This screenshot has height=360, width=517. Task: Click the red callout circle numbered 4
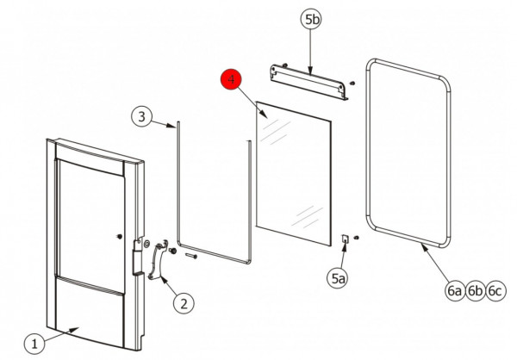[231, 79]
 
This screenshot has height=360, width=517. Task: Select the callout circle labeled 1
[34, 344]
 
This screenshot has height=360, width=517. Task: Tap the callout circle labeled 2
[184, 303]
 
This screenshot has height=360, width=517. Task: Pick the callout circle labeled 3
[142, 116]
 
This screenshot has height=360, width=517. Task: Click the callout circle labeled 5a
[338, 279]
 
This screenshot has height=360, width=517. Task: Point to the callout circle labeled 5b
[311, 20]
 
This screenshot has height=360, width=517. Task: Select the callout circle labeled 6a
[455, 291]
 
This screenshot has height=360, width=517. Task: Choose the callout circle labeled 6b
[475, 291]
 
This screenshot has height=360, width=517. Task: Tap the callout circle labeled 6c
[495, 291]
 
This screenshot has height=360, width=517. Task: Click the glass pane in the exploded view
[293, 173]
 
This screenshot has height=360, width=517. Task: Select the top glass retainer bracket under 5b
[309, 82]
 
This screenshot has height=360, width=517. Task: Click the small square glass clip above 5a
[345, 239]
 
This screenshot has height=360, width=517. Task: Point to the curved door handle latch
[159, 260]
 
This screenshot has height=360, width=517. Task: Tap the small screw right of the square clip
[356, 238]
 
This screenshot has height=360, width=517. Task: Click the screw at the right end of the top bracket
[352, 83]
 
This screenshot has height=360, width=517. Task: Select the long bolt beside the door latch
[191, 256]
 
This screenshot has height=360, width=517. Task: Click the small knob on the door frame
[120, 236]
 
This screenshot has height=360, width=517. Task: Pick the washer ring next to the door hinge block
[146, 244]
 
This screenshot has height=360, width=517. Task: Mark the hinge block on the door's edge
[138, 258]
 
